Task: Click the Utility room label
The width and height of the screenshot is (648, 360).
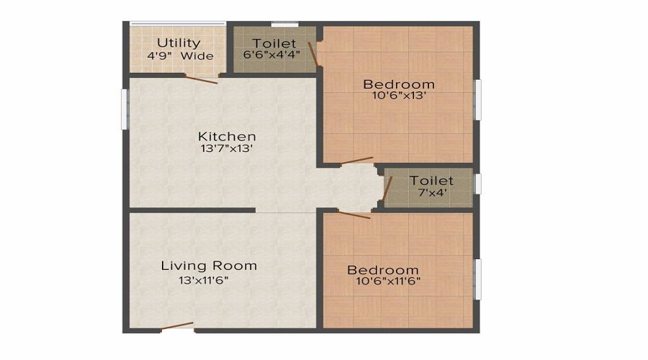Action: pos(179,42)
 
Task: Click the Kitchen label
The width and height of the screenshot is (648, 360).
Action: pos(227,136)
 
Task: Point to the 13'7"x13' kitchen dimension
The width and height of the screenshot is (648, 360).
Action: pos(227,149)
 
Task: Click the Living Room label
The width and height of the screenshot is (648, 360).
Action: pos(209,266)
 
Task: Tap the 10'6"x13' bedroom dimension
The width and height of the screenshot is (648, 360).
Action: pos(398,96)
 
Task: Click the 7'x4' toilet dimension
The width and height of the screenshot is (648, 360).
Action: pos(431,193)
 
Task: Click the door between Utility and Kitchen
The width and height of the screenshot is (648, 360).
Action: pos(201,78)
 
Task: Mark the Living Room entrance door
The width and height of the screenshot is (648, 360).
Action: pos(177,326)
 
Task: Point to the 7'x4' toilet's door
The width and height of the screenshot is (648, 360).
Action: pos(387,189)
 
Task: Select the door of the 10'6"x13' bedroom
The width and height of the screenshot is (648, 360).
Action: pos(357,161)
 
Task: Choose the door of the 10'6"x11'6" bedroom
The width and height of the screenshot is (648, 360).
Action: pos(354,214)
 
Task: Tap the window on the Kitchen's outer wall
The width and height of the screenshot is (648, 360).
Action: pos(123,109)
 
